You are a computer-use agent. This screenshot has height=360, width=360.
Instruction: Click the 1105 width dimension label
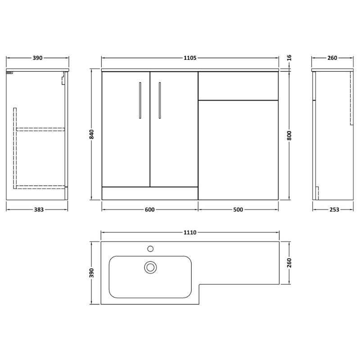click(x=190, y=58)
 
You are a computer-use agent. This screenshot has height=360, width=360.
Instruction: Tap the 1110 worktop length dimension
click(x=190, y=232)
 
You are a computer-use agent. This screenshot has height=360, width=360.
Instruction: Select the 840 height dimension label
click(x=92, y=134)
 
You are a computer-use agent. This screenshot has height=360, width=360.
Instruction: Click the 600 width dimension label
click(x=150, y=209)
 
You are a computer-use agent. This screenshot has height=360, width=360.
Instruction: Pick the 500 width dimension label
click(x=238, y=209)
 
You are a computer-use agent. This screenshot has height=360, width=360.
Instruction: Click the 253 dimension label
click(x=333, y=209)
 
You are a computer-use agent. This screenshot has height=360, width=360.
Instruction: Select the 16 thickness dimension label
click(x=289, y=58)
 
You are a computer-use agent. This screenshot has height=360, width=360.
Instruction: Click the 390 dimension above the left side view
click(x=37, y=58)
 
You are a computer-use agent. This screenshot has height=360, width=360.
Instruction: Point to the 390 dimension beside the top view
click(x=92, y=273)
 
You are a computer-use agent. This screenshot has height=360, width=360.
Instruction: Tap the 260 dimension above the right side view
click(x=332, y=58)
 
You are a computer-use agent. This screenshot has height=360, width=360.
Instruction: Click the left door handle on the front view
click(x=140, y=99)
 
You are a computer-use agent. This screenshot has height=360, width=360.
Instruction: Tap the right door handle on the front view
click(x=159, y=99)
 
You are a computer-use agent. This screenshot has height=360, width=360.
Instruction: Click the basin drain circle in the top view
click(x=150, y=267)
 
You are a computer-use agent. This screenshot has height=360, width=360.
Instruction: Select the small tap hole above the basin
click(x=151, y=248)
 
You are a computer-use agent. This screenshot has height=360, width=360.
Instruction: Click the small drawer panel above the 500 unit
click(x=238, y=85)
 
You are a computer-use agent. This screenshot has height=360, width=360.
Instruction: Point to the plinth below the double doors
click(x=150, y=193)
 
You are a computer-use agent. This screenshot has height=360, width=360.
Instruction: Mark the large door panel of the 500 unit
click(x=238, y=150)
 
